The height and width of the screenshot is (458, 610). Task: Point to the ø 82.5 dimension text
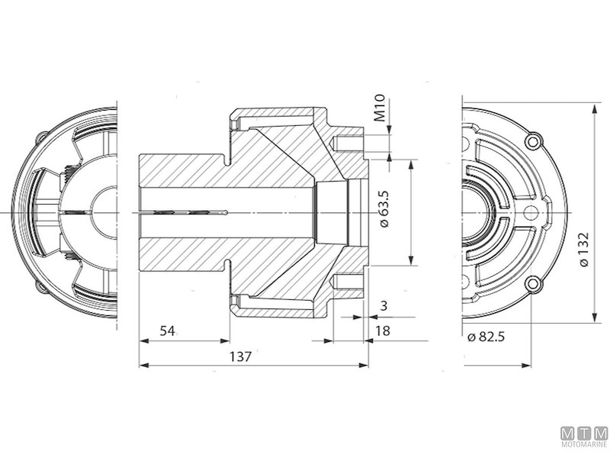pos(487,337)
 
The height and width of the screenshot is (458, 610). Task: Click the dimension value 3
pos(383,305)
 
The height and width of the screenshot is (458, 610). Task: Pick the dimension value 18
pos(383,331)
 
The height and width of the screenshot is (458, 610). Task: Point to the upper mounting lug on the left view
pos(42,138)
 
